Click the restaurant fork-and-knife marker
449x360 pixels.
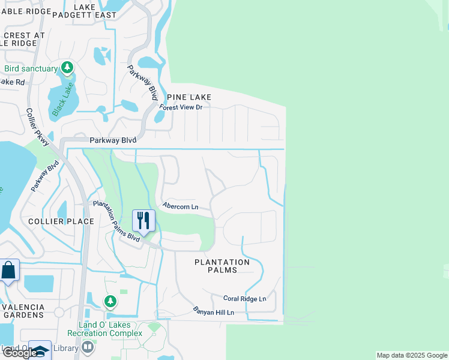click(x=143, y=220)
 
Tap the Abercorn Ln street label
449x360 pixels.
click(x=180, y=206)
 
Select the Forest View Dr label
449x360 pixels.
click(x=181, y=107)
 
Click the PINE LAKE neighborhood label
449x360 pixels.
click(x=189, y=97)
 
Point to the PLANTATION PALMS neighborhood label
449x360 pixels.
click(x=222, y=266)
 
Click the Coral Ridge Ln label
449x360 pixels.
click(x=244, y=298)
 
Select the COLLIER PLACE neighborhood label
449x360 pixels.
click(x=62, y=221)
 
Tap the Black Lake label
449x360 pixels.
click(x=62, y=98)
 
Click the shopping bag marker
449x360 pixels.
click(x=9, y=271)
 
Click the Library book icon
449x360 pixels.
click(x=88, y=347)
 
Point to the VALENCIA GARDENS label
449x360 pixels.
click(x=23, y=311)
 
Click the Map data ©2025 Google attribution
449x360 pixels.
click(x=412, y=355)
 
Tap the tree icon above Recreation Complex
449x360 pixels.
click(x=110, y=301)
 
